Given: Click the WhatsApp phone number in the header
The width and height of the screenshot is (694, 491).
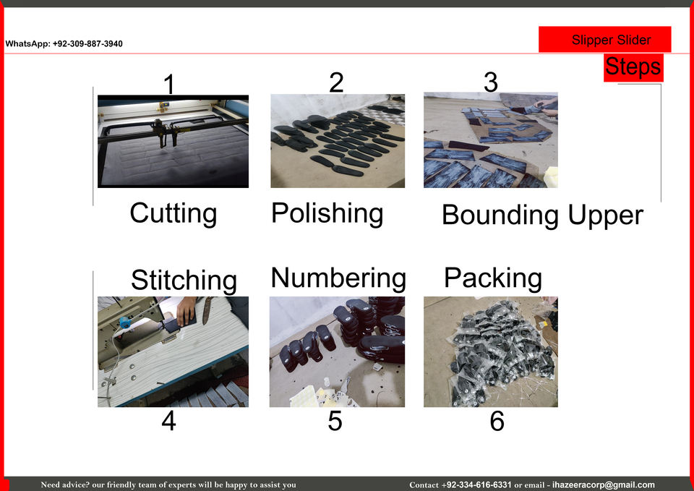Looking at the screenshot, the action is click(87, 44).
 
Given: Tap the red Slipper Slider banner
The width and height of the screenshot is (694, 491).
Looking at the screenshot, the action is click(604, 39).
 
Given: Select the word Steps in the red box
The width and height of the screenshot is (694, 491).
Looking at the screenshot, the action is click(633, 67).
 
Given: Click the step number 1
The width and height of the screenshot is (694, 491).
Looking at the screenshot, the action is click(168, 84).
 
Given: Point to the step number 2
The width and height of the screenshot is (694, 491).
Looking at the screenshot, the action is click(336, 82).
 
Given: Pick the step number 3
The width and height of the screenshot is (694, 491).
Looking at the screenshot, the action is click(491, 82).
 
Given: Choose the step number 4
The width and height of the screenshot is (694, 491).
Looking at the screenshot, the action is click(168, 421).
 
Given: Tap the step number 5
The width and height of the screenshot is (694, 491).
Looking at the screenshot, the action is click(335, 421).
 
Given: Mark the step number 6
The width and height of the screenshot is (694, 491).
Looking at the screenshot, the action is click(497, 421).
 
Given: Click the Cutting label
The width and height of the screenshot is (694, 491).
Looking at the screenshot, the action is click(173, 213).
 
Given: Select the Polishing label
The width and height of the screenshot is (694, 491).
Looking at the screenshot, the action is click(327, 213).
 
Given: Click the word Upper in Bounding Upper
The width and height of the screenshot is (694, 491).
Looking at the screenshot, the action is click(606, 216).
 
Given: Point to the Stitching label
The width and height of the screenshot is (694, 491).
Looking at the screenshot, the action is click(184, 281).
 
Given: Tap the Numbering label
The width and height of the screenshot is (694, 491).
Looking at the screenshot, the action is click(338, 278).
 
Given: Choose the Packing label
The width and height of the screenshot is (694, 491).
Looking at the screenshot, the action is click(493, 278).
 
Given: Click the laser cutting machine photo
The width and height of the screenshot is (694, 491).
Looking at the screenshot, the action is click(173, 141).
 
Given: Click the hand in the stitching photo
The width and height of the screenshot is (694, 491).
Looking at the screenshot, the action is click(186, 310).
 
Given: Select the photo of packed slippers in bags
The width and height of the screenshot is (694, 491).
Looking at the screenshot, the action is click(491, 352).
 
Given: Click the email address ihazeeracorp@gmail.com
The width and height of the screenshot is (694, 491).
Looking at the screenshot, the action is click(603, 484).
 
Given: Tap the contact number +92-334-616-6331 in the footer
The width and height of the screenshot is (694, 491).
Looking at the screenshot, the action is click(476, 484).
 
